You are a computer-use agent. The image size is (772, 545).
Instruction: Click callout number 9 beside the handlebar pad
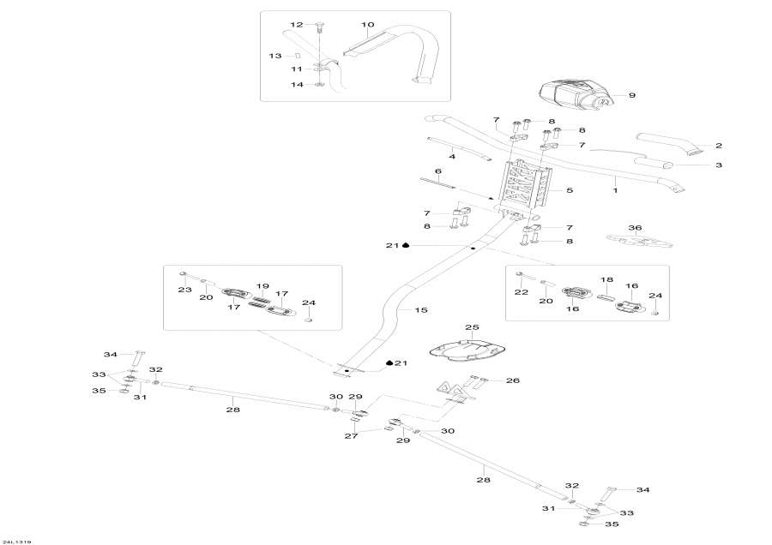pyautogui.click(x=632, y=95)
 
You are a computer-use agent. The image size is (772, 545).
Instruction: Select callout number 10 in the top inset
pyautogui.click(x=368, y=25)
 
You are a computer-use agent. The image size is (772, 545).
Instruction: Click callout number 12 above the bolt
pyautogui.click(x=297, y=24)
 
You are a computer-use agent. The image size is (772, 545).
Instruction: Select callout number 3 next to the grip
pyautogui.click(x=719, y=165)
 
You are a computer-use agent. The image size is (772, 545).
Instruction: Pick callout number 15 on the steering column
pyautogui.click(x=420, y=309)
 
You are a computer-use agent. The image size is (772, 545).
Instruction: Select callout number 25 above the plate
pyautogui.click(x=471, y=327)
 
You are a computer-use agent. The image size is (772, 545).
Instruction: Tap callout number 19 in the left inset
pyautogui.click(x=262, y=286)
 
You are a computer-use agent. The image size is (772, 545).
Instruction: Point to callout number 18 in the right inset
pyautogui.click(x=606, y=280)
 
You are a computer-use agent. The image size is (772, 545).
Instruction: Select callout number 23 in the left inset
pyautogui.click(x=183, y=290)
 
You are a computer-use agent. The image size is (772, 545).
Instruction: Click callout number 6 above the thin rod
pyautogui.click(x=437, y=171)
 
